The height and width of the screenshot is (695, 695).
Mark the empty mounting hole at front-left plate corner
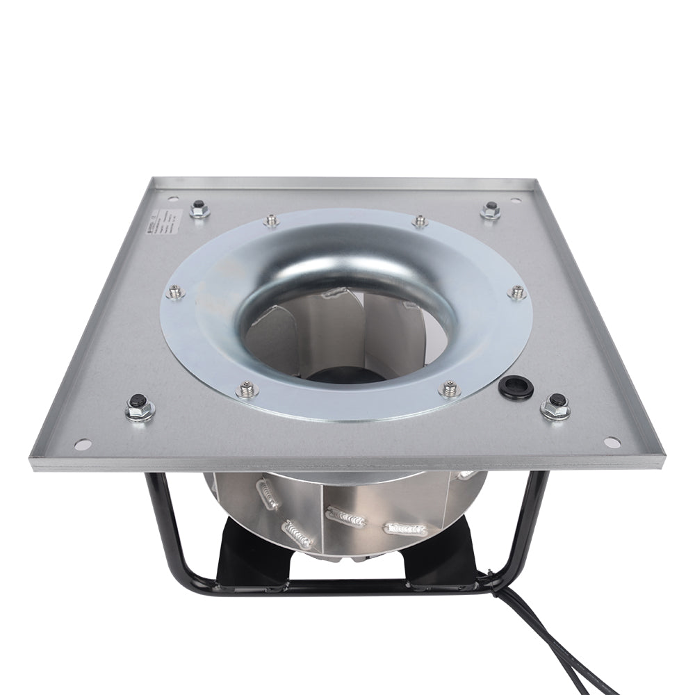(x=83, y=442)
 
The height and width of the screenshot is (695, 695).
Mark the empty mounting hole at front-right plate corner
(x=611, y=442)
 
